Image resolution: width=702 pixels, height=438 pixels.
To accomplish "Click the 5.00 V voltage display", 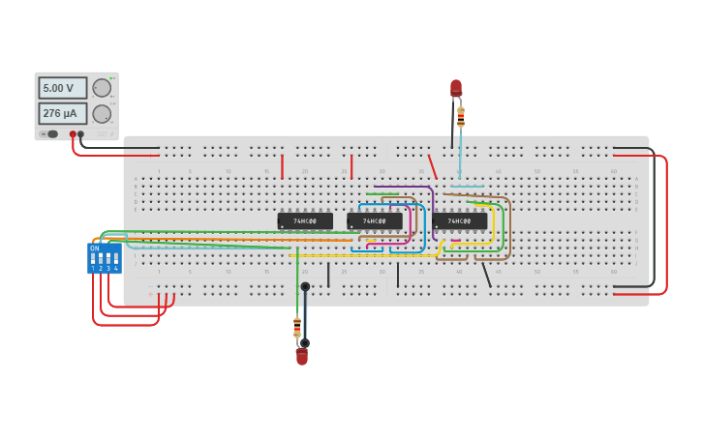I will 62,88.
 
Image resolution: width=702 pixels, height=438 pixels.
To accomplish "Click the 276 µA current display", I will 62,113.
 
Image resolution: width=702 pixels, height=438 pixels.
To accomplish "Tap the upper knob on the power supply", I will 102,88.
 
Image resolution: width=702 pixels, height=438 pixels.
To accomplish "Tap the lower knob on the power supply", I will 102,113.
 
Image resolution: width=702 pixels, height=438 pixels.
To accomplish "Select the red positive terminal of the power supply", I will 73,134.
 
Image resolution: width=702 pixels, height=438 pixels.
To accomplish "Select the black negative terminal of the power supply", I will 80,134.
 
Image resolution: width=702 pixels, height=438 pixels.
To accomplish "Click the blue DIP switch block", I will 105,258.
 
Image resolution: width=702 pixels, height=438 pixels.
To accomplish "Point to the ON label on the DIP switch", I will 95,248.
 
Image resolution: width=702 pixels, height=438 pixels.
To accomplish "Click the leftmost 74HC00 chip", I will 305,221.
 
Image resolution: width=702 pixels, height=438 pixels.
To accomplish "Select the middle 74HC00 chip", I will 375,221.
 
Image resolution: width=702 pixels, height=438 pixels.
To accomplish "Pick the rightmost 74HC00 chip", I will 460,221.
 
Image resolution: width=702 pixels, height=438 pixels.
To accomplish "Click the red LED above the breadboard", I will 456,88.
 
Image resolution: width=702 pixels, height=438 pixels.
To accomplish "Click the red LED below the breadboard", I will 302,357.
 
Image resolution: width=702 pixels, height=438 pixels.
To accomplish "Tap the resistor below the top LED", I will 461,117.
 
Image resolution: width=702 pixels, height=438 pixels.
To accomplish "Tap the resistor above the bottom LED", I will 297,327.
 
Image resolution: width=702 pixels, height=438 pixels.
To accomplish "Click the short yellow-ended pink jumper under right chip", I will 455,241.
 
